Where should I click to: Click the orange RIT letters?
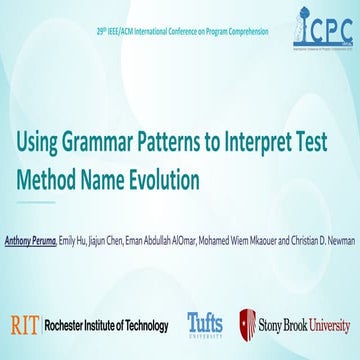click(24, 324)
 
